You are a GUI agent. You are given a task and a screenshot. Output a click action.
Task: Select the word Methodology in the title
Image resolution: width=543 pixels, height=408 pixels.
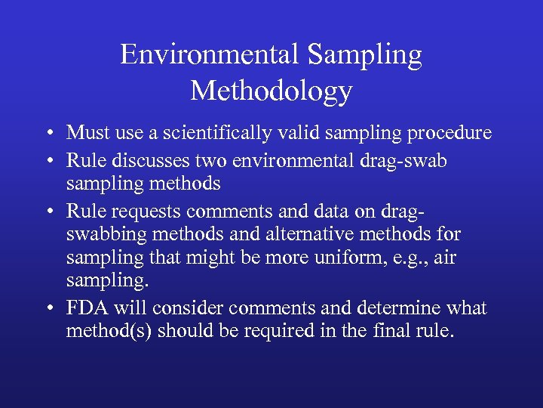pyautogui.click(x=271, y=91)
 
